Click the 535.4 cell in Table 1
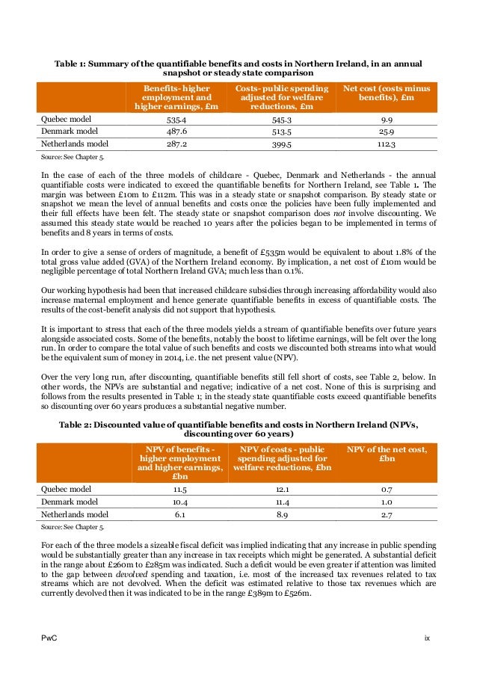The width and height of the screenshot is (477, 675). point(177,118)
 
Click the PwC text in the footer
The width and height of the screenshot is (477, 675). point(48,637)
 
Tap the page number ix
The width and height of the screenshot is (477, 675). point(427,637)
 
